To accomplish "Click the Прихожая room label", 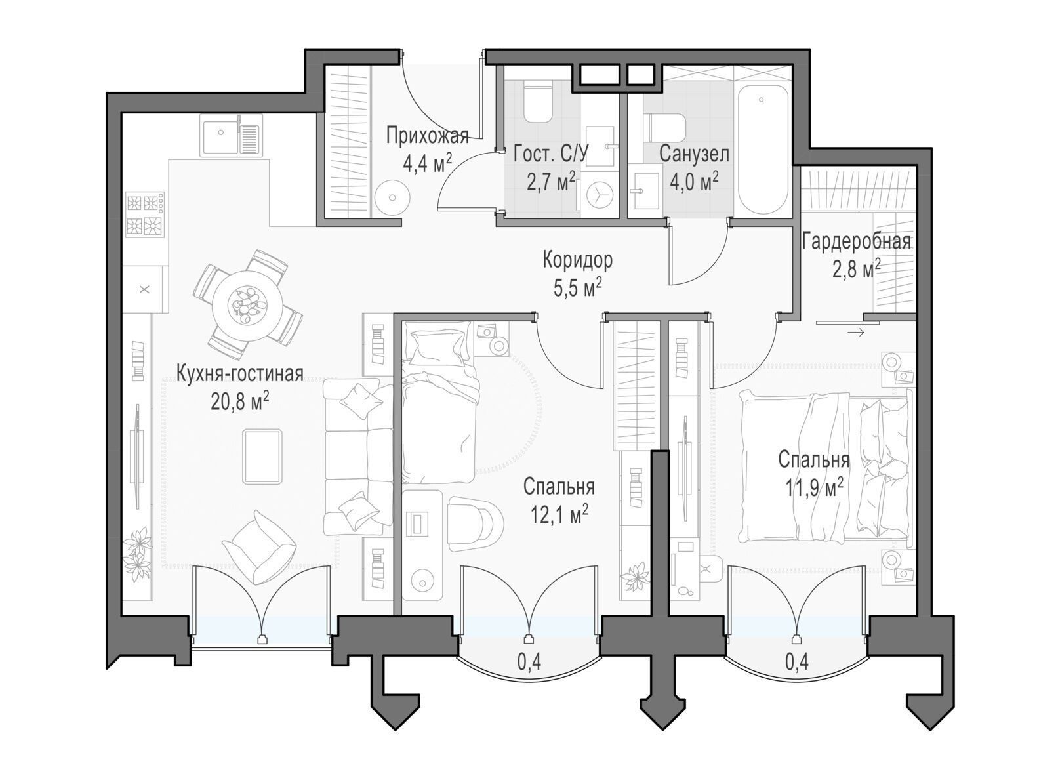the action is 427,136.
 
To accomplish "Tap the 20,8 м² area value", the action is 241,403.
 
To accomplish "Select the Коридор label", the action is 577,260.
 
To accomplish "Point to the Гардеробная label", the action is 856,241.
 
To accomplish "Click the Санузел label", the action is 694,154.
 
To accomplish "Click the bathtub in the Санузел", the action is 761,155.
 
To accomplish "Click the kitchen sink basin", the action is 220,136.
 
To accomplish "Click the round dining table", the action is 247,304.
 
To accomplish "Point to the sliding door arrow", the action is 856,333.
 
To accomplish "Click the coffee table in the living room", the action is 262,457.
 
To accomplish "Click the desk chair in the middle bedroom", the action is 476,523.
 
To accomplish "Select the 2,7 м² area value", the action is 551,182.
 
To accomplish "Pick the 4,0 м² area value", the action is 695,182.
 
